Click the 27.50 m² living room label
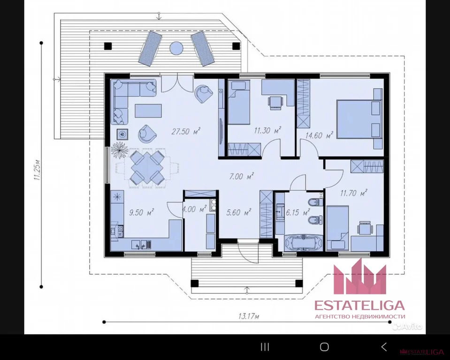186,131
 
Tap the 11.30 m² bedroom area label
267,131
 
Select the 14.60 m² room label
319,135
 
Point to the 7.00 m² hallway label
241,176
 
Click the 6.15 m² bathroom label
298,212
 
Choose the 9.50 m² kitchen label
142,212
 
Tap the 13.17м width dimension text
249,316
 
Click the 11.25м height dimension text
38,170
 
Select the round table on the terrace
176,48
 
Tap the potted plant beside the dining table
119,150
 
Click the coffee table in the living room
148,111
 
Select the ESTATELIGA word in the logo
359,306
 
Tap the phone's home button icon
324,347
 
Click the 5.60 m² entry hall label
239,212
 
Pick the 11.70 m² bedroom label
354,193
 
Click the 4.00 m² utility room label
194,209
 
